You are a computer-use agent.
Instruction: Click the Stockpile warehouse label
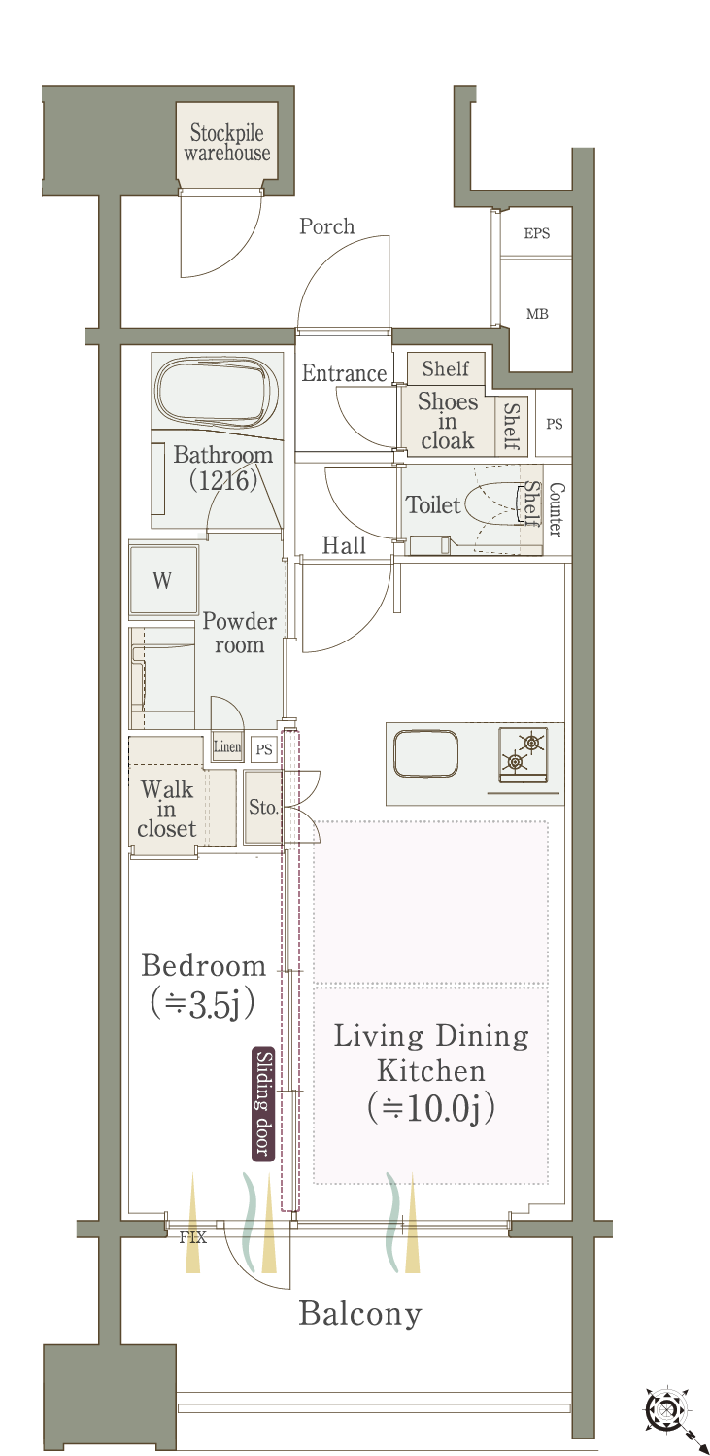[226, 142]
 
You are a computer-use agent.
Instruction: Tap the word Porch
[326, 226]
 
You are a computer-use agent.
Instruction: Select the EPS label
[536, 233]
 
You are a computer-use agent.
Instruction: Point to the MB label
[537, 314]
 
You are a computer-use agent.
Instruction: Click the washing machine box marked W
[163, 580]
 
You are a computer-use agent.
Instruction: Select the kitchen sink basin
[425, 753]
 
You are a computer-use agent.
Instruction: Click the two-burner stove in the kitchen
[523, 754]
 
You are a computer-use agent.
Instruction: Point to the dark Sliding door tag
[262, 1103]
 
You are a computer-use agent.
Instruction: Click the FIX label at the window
[193, 1237]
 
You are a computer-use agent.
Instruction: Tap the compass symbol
[666, 1410]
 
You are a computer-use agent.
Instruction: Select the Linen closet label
[226, 746]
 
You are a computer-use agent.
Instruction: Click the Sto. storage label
[263, 808]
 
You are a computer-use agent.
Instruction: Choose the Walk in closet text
[166, 810]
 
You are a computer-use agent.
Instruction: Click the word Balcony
[360, 1314]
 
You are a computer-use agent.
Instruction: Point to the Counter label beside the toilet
[556, 509]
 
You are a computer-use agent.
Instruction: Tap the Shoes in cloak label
[448, 421]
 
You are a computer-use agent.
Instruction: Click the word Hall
[344, 545]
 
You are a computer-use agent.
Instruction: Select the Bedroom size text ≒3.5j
[203, 1004]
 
